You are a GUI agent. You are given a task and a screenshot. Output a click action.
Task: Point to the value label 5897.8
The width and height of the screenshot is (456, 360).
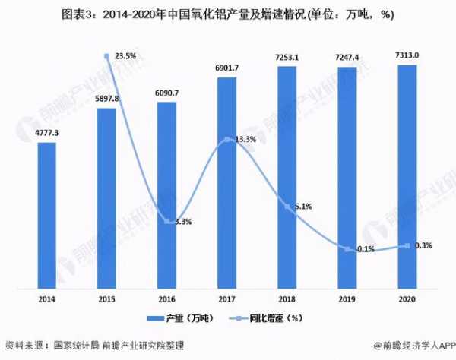point(107,99)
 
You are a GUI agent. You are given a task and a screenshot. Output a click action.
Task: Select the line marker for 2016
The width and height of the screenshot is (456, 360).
point(167,221)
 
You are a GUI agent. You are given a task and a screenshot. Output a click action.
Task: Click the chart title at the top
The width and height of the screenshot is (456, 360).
point(228,14)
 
